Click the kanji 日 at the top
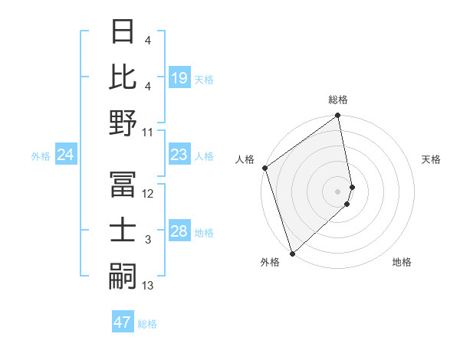(123, 31)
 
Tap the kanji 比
(123, 77)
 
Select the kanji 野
(123, 123)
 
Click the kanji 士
(123, 231)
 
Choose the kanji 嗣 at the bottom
(123, 277)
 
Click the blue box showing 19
(179, 77)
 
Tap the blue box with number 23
(179, 155)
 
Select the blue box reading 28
(179, 232)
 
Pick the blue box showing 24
(65, 155)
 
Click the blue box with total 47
(123, 322)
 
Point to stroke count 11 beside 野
(148, 132)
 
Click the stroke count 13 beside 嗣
(148, 286)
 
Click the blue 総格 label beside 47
(147, 324)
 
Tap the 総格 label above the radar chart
(338, 100)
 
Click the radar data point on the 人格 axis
(264, 168)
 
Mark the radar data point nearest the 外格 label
(292, 253)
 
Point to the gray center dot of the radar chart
(338, 191)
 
